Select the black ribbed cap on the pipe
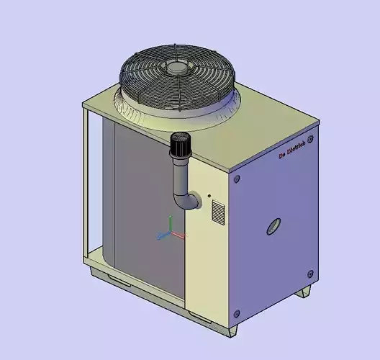tap(179, 145)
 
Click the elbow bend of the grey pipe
tap(185, 200)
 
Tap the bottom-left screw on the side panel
tap(237, 312)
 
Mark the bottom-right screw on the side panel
tap(310, 273)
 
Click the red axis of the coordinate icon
tap(178, 235)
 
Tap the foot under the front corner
tap(232, 330)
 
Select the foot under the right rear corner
tap(304, 292)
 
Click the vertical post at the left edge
tap(88, 187)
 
